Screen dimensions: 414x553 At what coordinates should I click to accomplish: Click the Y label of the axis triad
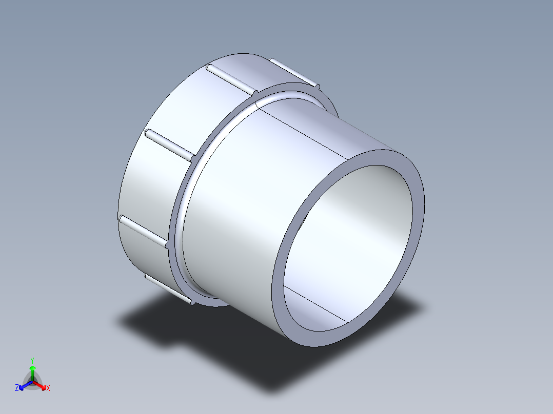point(32,360)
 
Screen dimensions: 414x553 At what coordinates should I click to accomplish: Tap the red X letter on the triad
point(48,388)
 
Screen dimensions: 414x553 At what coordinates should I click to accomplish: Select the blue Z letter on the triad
point(17,388)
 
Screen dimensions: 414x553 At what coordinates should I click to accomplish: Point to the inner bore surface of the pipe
point(359,215)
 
